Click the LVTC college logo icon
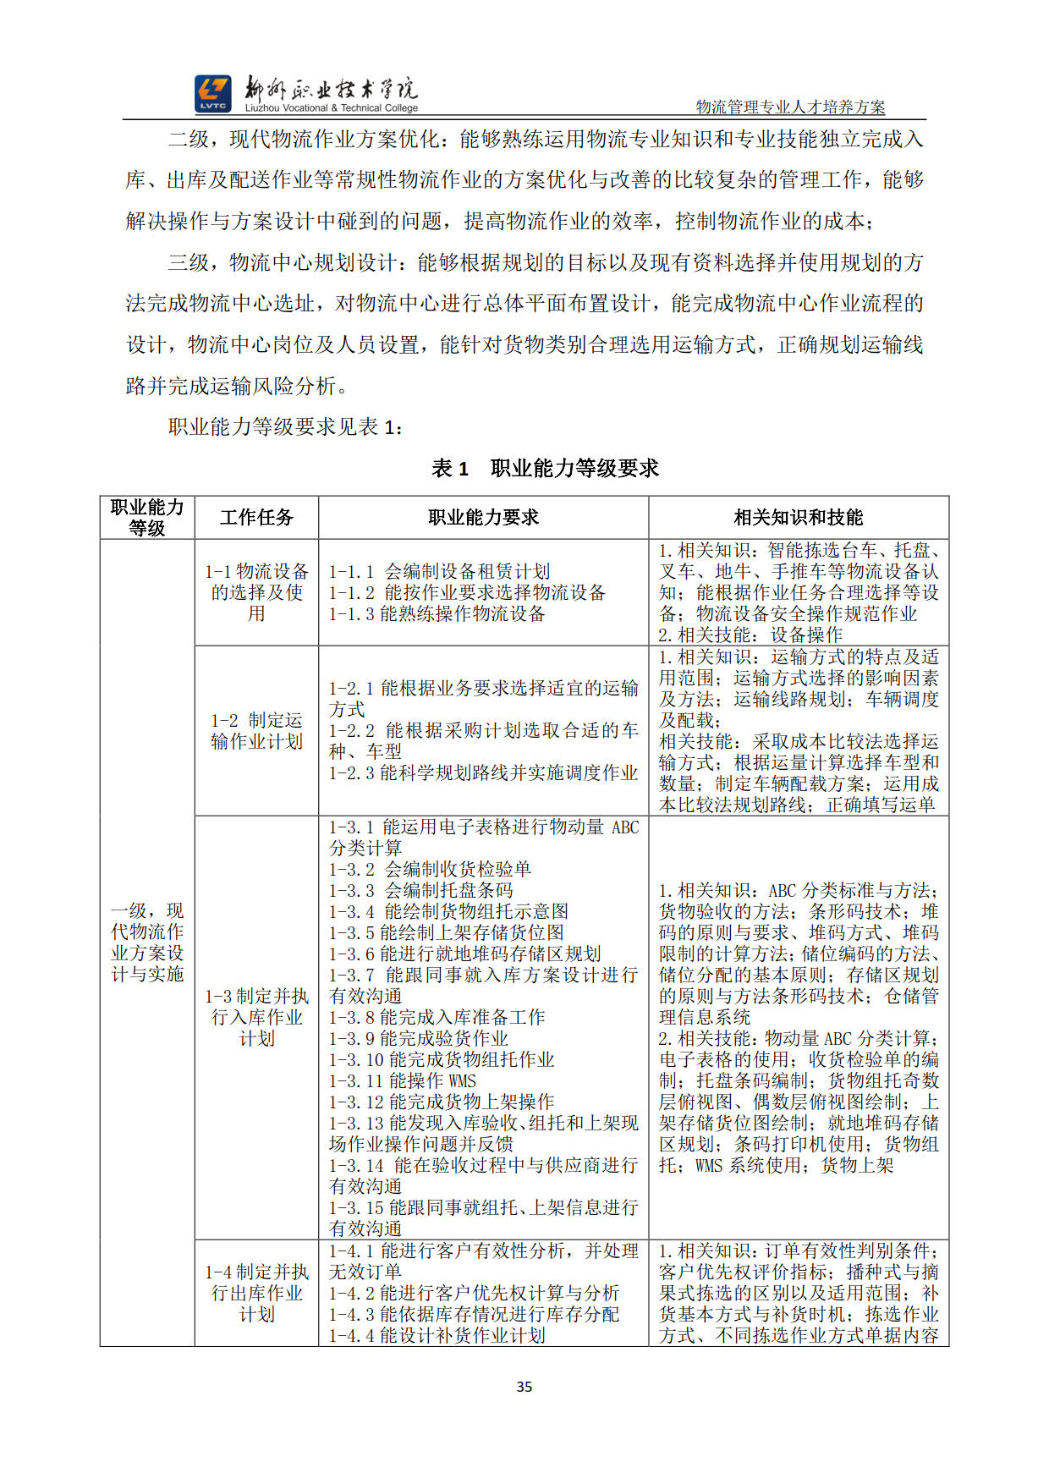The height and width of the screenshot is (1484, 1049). [212, 93]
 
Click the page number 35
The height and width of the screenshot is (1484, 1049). [524, 1387]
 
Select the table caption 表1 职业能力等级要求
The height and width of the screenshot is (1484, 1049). [545, 468]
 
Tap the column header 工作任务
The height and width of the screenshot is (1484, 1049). [256, 518]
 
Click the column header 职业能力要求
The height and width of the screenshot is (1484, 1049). [483, 518]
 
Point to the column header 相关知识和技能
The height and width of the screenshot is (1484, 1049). [798, 518]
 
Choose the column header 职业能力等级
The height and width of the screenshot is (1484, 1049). [147, 517]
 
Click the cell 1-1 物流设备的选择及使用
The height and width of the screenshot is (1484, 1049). [256, 592]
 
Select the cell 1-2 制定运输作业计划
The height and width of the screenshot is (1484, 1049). [256, 731]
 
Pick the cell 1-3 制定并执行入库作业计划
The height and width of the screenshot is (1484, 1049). [256, 1017]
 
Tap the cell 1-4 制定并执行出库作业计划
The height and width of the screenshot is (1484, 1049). [256, 1293]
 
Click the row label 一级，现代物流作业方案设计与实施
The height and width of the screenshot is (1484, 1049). [147, 943]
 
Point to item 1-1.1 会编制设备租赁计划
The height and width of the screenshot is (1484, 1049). [439, 572]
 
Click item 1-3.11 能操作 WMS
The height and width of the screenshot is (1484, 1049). [403, 1080]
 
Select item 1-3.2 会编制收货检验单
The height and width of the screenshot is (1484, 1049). [430, 869]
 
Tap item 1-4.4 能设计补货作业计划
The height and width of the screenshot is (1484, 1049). [437, 1335]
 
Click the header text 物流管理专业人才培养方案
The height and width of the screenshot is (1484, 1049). [790, 107]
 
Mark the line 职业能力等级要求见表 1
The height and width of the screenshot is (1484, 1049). [285, 427]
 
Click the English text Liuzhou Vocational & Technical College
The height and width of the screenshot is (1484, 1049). [332, 108]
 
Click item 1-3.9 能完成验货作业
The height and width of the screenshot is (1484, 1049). [419, 1038]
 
